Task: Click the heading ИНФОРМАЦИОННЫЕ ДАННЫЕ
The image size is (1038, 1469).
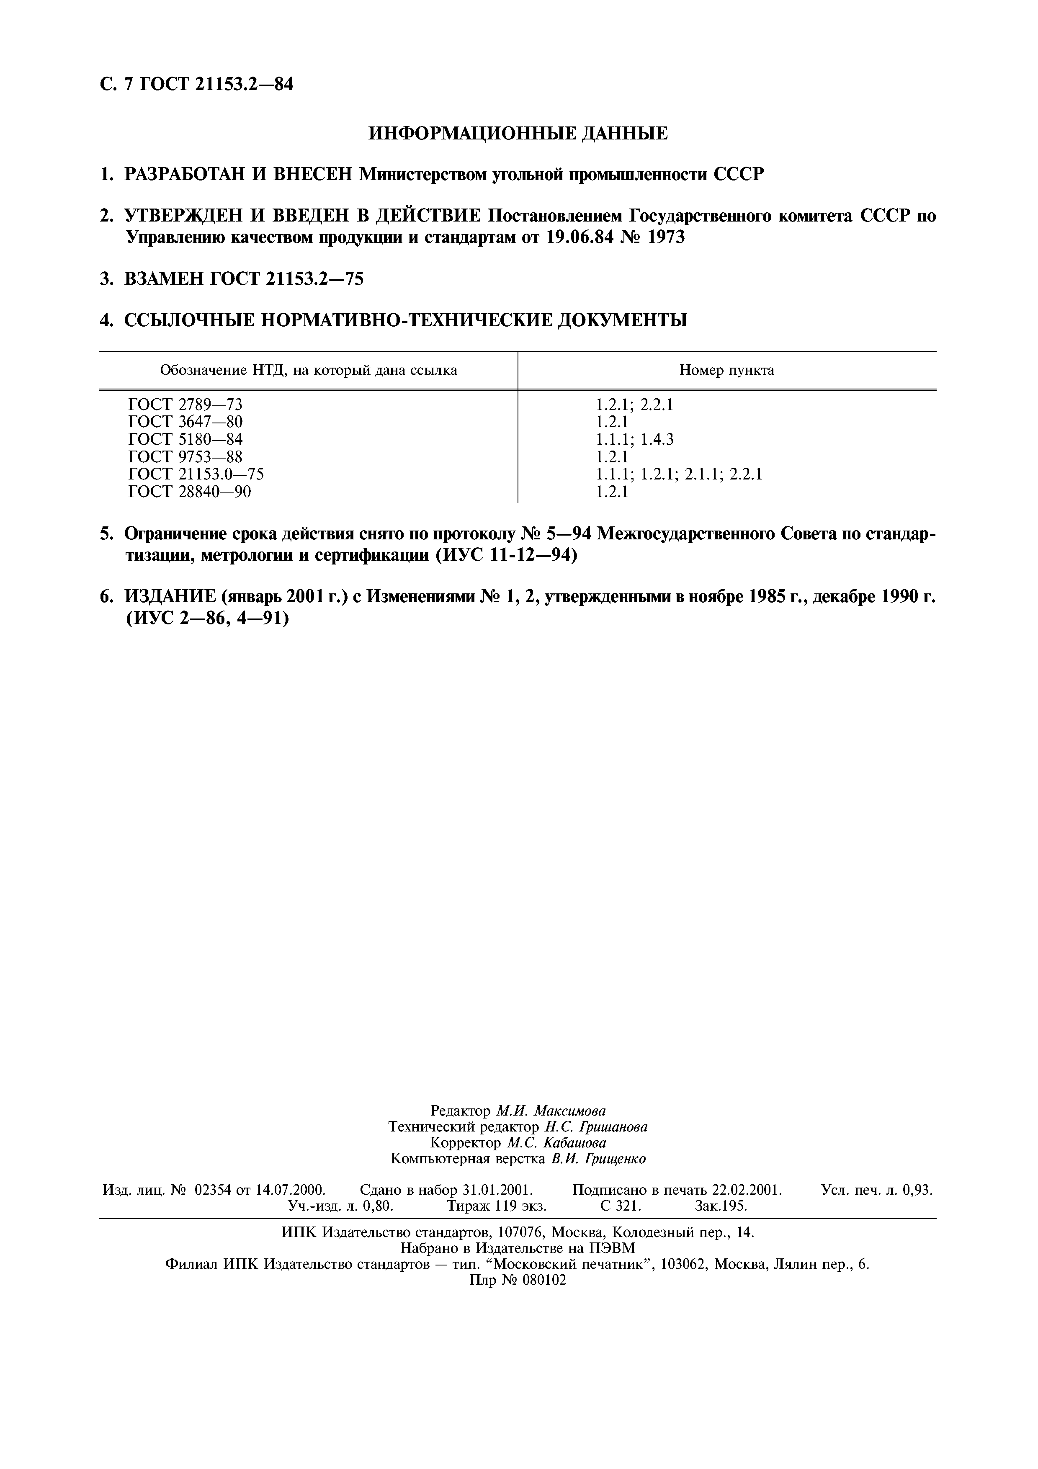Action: tap(518, 133)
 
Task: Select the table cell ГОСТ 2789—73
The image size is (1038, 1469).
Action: tap(185, 405)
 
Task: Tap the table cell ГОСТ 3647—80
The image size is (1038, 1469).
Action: tap(185, 422)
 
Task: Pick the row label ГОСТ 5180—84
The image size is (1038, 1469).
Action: tap(185, 439)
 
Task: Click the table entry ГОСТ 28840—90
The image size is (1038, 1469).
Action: tap(190, 491)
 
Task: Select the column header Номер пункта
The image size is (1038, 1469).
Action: tap(726, 370)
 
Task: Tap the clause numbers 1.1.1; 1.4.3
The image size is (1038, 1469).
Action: tap(634, 439)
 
